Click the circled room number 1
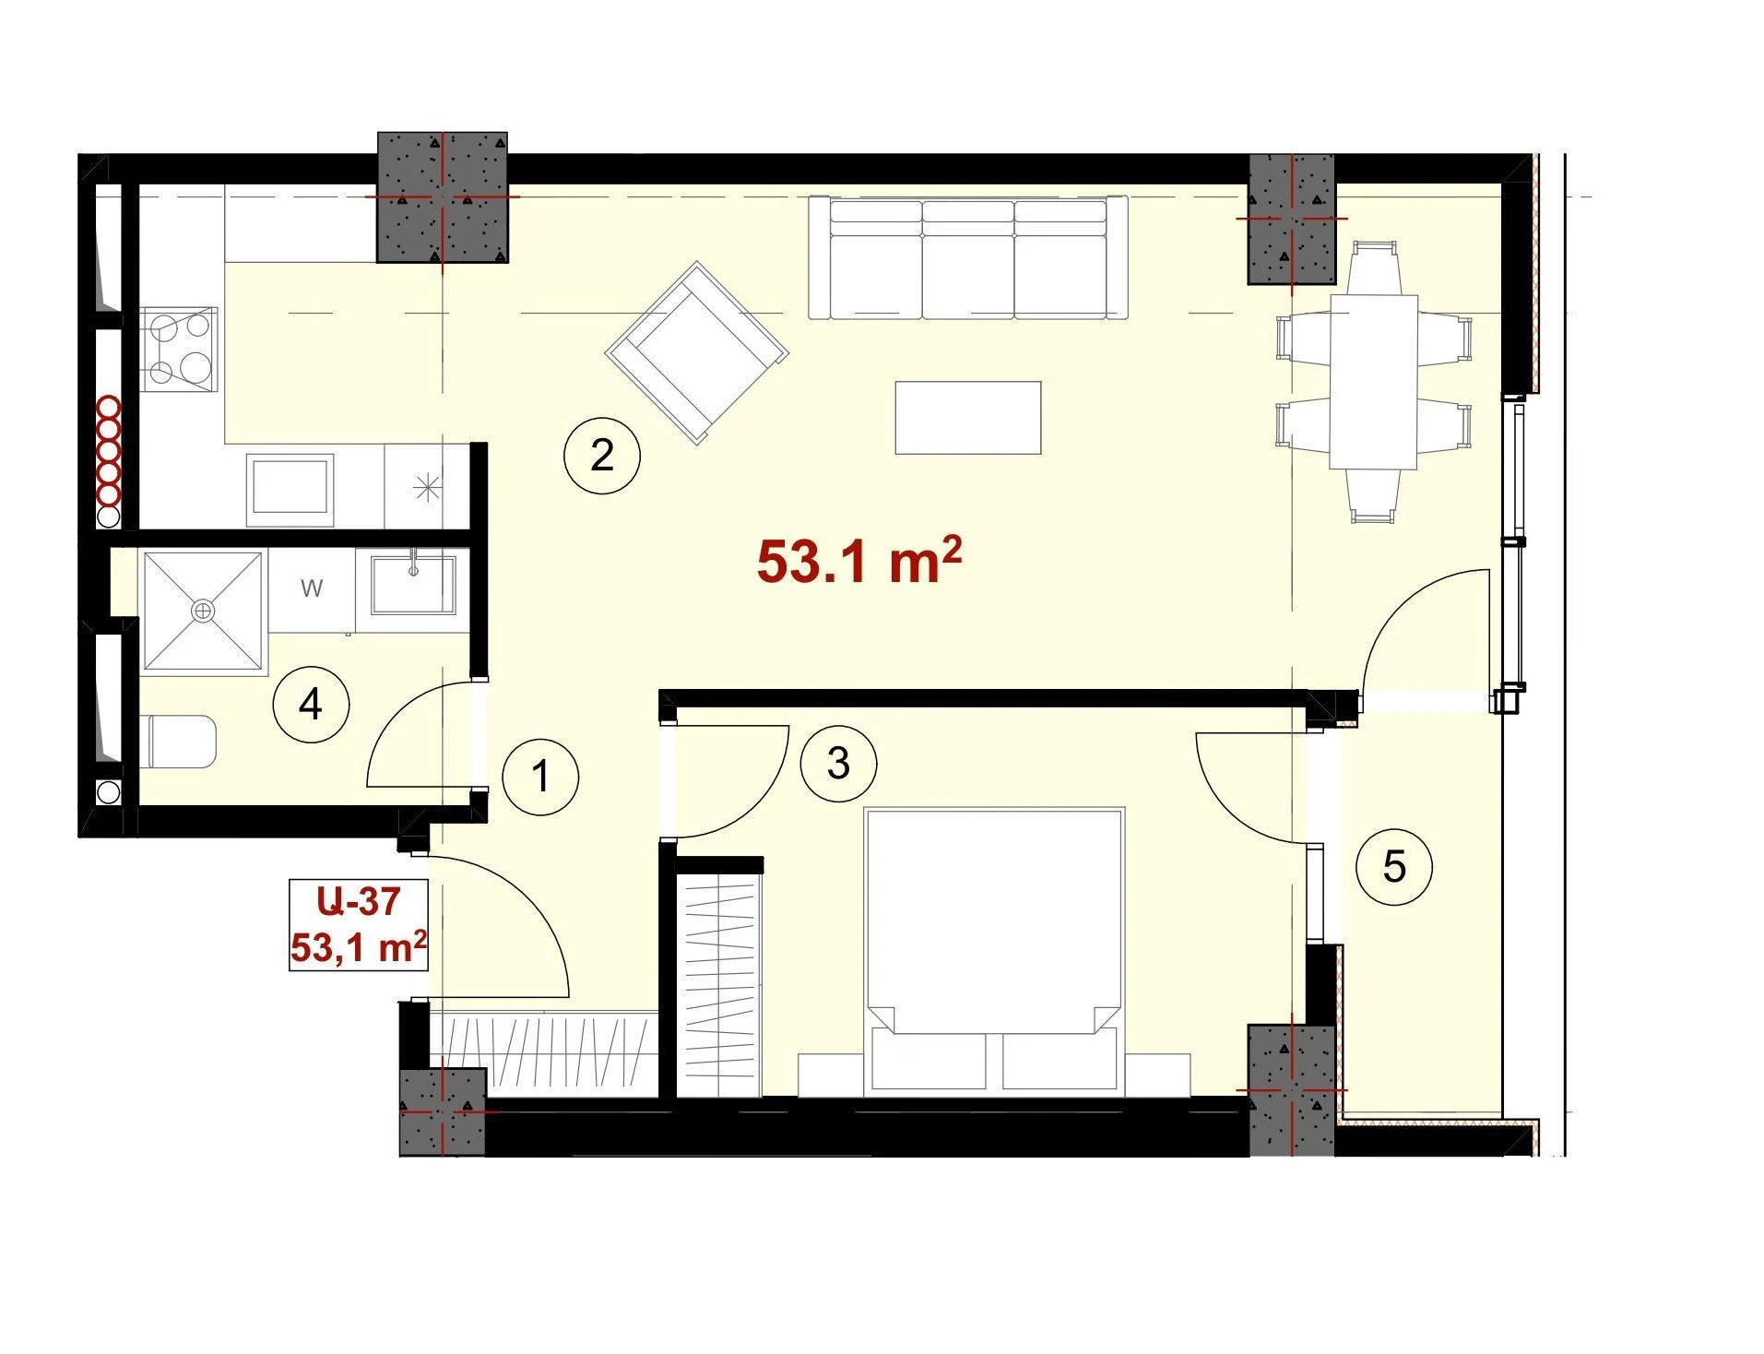click(x=540, y=776)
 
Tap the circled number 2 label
click(x=601, y=455)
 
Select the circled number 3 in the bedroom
click(x=838, y=763)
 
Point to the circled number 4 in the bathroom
click(x=311, y=706)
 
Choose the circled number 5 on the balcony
click(x=1394, y=867)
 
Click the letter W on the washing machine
click(x=312, y=588)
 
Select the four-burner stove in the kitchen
click(x=179, y=350)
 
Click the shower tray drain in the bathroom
click(x=202, y=611)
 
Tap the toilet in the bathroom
click(x=182, y=742)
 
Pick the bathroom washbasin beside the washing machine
click(x=412, y=584)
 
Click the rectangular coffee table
click(x=968, y=418)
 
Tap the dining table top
click(x=1373, y=382)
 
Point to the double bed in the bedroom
click(x=993, y=952)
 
